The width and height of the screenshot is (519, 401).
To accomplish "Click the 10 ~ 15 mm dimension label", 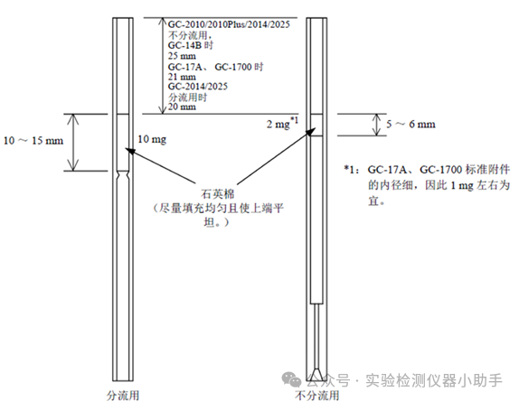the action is (33, 141).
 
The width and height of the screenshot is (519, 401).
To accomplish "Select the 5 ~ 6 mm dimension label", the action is (410, 125).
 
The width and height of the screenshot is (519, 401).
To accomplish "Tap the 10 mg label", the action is (152, 139).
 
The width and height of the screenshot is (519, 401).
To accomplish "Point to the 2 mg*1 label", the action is (282, 123).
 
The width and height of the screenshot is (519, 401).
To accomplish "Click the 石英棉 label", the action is (218, 194).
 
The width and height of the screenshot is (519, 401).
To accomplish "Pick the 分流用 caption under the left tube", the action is (123, 396).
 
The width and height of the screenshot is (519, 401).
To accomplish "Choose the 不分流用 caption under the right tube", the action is (317, 396).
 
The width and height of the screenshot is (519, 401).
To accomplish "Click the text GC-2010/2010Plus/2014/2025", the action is (229, 24).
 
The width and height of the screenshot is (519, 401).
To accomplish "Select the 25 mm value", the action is (182, 55).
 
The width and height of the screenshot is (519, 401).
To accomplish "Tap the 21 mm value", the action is (182, 77).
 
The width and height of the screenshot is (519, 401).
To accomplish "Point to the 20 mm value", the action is (182, 107).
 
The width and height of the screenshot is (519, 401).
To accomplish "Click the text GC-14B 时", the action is (191, 45).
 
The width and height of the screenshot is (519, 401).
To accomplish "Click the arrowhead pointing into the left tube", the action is (131, 152).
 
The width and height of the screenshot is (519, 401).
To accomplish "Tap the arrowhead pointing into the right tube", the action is (310, 132).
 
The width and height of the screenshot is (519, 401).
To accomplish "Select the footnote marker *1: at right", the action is (352, 170).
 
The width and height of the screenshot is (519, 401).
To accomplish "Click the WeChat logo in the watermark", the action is (291, 379).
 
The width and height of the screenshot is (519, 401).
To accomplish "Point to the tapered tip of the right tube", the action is (316, 374).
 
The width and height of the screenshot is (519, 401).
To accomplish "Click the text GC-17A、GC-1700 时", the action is (216, 67).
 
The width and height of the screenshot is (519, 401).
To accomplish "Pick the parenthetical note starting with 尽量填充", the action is (219, 215).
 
